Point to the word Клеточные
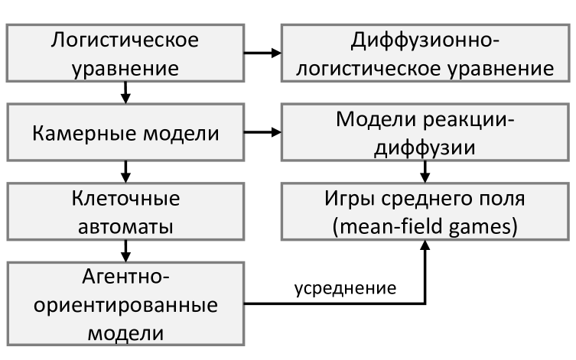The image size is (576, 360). (125, 200)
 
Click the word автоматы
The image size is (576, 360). (125, 227)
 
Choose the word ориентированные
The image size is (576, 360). (125, 304)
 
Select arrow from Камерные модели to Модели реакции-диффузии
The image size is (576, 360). (261, 133)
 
